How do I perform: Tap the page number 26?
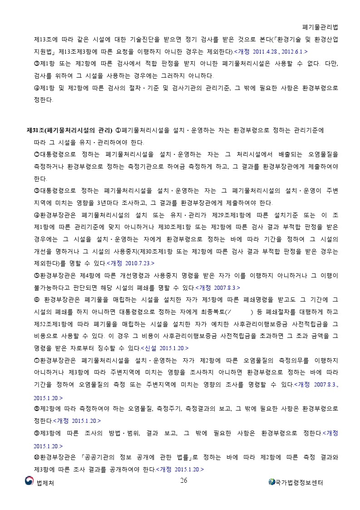click(x=183, y=481)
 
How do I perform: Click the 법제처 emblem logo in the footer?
click(x=29, y=481)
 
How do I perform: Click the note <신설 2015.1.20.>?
click(x=165, y=348)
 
